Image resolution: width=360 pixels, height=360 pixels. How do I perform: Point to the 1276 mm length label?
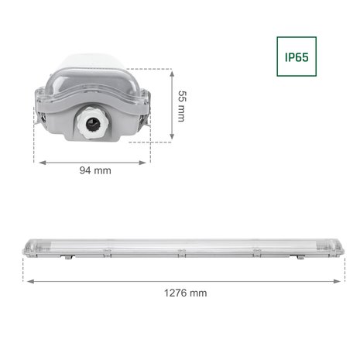click(x=186, y=293)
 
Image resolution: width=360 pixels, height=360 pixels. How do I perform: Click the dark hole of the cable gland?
click(x=96, y=128)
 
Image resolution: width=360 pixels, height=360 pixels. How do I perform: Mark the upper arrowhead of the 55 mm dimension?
click(x=169, y=71)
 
